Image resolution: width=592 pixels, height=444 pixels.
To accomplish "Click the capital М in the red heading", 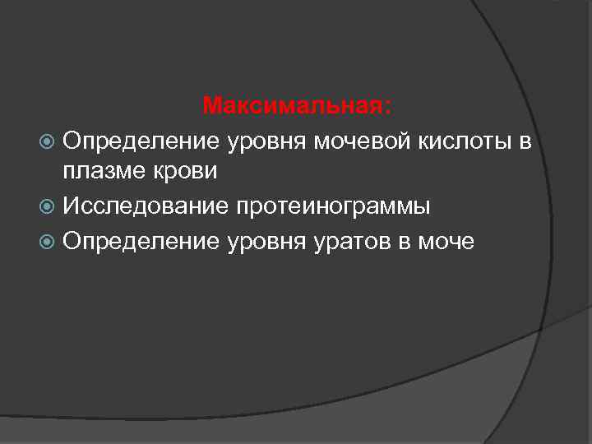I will [212, 107].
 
